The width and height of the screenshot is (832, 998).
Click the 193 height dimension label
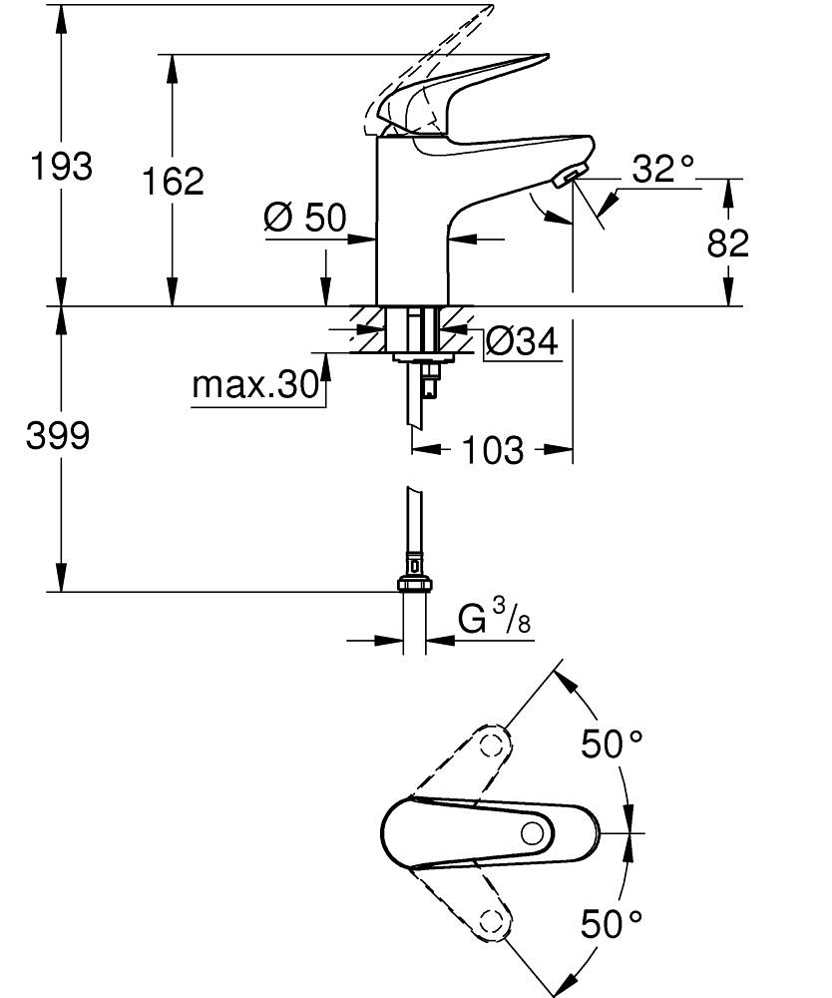(x=60, y=166)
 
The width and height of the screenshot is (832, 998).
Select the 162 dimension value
(x=172, y=181)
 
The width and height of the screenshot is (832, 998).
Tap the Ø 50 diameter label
(x=304, y=218)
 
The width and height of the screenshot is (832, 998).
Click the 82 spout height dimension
(x=727, y=243)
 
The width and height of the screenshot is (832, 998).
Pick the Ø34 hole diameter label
(x=522, y=342)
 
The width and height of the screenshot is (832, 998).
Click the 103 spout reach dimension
(x=492, y=451)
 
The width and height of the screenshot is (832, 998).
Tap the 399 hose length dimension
(x=58, y=435)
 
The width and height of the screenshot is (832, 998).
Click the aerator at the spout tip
(x=566, y=179)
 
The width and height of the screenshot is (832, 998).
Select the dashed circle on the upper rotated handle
(x=490, y=746)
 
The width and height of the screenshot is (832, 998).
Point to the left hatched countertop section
(x=368, y=328)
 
